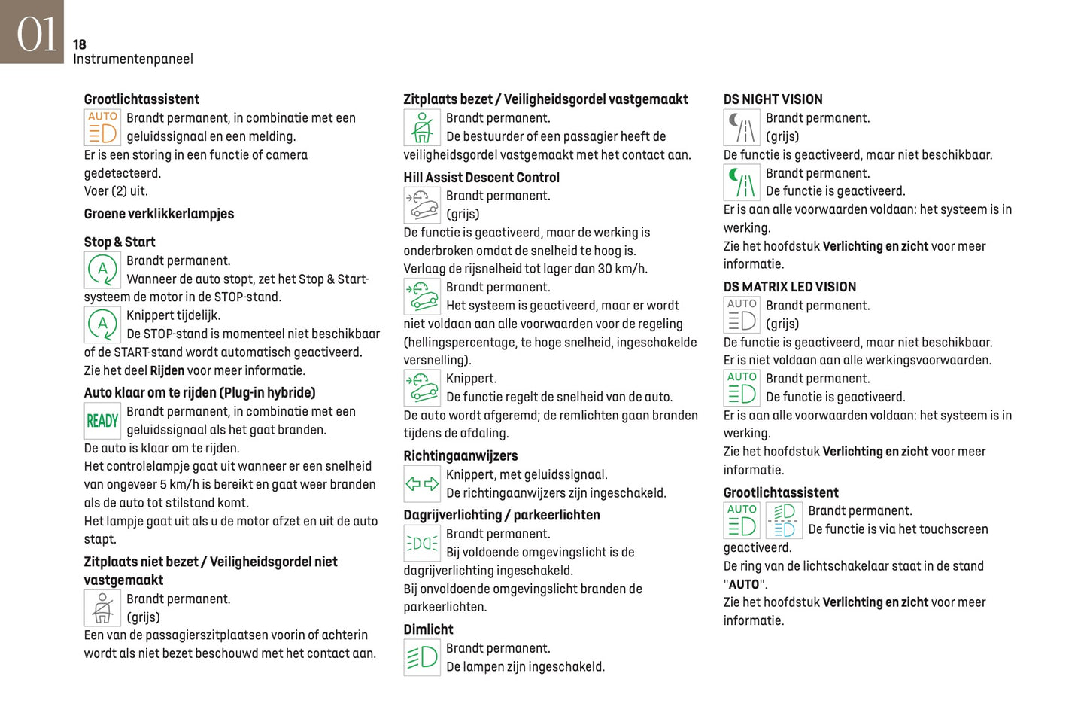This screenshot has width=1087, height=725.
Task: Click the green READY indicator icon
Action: tap(102, 421)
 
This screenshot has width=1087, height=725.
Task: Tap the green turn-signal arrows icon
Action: tap(422, 484)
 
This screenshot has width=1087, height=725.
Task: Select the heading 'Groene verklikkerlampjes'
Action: tap(159, 214)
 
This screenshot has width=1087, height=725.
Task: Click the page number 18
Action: tap(80, 44)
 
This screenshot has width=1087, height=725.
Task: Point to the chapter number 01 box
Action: tap(32, 32)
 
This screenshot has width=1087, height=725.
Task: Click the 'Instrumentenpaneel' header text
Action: tap(133, 59)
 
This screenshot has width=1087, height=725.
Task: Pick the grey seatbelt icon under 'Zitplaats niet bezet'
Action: tap(102, 608)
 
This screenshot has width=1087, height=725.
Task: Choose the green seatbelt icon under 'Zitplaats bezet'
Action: tap(422, 127)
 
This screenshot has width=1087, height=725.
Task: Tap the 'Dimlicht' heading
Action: tap(428, 629)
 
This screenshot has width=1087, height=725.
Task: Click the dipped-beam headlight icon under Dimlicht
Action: tap(422, 657)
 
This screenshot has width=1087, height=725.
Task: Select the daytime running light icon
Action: tap(422, 543)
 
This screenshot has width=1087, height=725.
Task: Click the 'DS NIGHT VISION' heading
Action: tap(773, 99)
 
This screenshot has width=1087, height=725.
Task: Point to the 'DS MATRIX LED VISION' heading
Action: tap(789, 287)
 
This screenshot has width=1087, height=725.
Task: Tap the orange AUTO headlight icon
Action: tap(102, 127)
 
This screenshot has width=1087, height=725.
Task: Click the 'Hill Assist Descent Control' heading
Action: tap(481, 178)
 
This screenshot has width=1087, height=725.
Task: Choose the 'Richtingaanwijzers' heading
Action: tap(460, 456)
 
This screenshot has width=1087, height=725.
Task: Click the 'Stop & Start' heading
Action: tap(120, 242)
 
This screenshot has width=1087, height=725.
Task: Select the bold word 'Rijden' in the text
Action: tap(167, 370)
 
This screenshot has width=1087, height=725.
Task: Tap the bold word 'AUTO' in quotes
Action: tap(744, 584)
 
